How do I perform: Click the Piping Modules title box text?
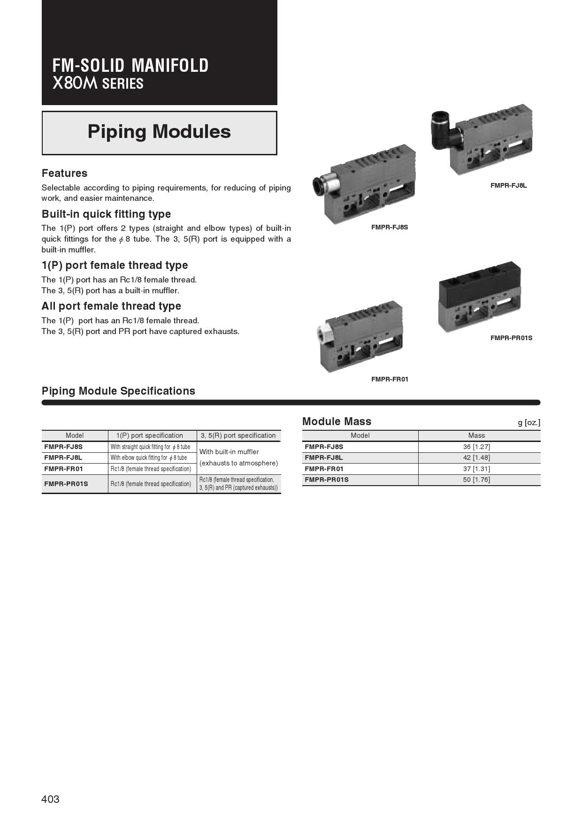click(159, 132)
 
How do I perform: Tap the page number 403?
click(50, 799)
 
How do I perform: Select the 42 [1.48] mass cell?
click(476, 457)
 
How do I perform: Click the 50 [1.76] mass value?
click(476, 480)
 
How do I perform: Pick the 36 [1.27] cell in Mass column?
click(476, 447)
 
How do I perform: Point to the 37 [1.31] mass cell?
click(476, 469)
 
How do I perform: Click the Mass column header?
click(476, 435)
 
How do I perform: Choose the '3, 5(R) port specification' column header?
click(238, 435)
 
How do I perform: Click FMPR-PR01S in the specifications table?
click(66, 484)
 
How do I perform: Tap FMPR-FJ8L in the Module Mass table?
click(324, 457)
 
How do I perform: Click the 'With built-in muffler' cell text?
click(229, 452)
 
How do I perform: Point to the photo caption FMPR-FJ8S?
click(390, 227)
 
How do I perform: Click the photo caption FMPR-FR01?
click(390, 379)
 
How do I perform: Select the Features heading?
click(64, 173)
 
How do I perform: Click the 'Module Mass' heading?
click(337, 421)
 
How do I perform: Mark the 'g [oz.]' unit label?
click(529, 422)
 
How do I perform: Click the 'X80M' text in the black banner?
click(75, 84)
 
